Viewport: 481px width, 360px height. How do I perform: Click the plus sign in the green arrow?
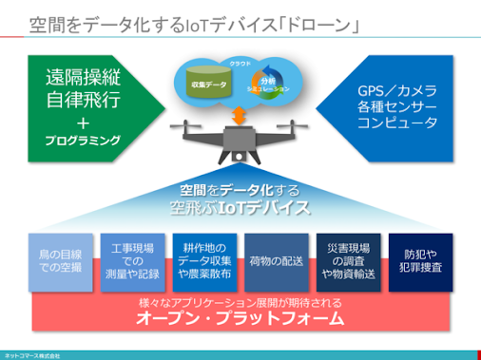point(84,121)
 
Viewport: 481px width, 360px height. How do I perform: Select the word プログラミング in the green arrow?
point(84,140)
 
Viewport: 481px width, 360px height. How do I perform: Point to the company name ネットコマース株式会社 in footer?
point(33,354)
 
